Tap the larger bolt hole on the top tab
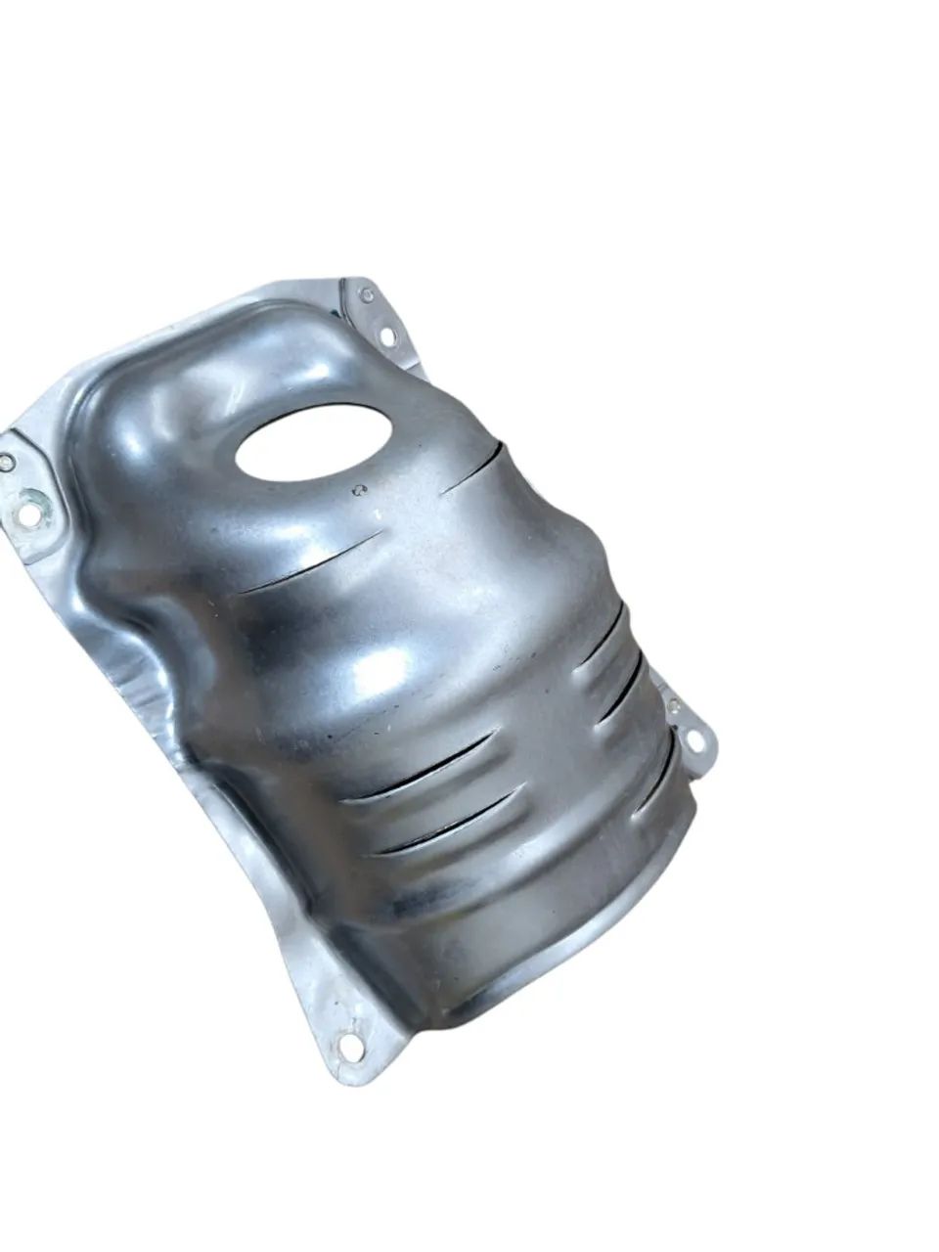[386, 335]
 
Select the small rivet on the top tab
[367, 294]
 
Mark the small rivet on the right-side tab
[673, 704]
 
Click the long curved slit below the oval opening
[311, 564]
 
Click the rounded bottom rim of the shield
[548, 963]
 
